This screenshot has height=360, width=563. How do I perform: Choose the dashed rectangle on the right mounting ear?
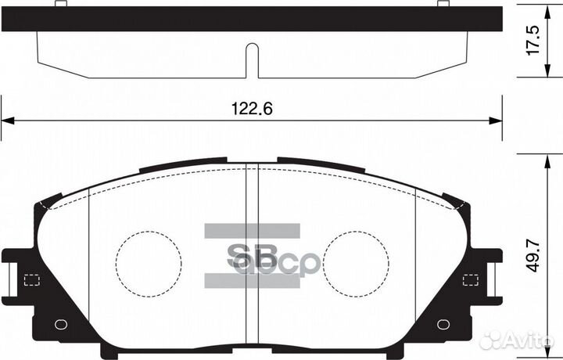(471, 279)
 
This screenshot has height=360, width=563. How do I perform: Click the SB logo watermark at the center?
(252, 256)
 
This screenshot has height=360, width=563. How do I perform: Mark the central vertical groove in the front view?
(252, 258)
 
